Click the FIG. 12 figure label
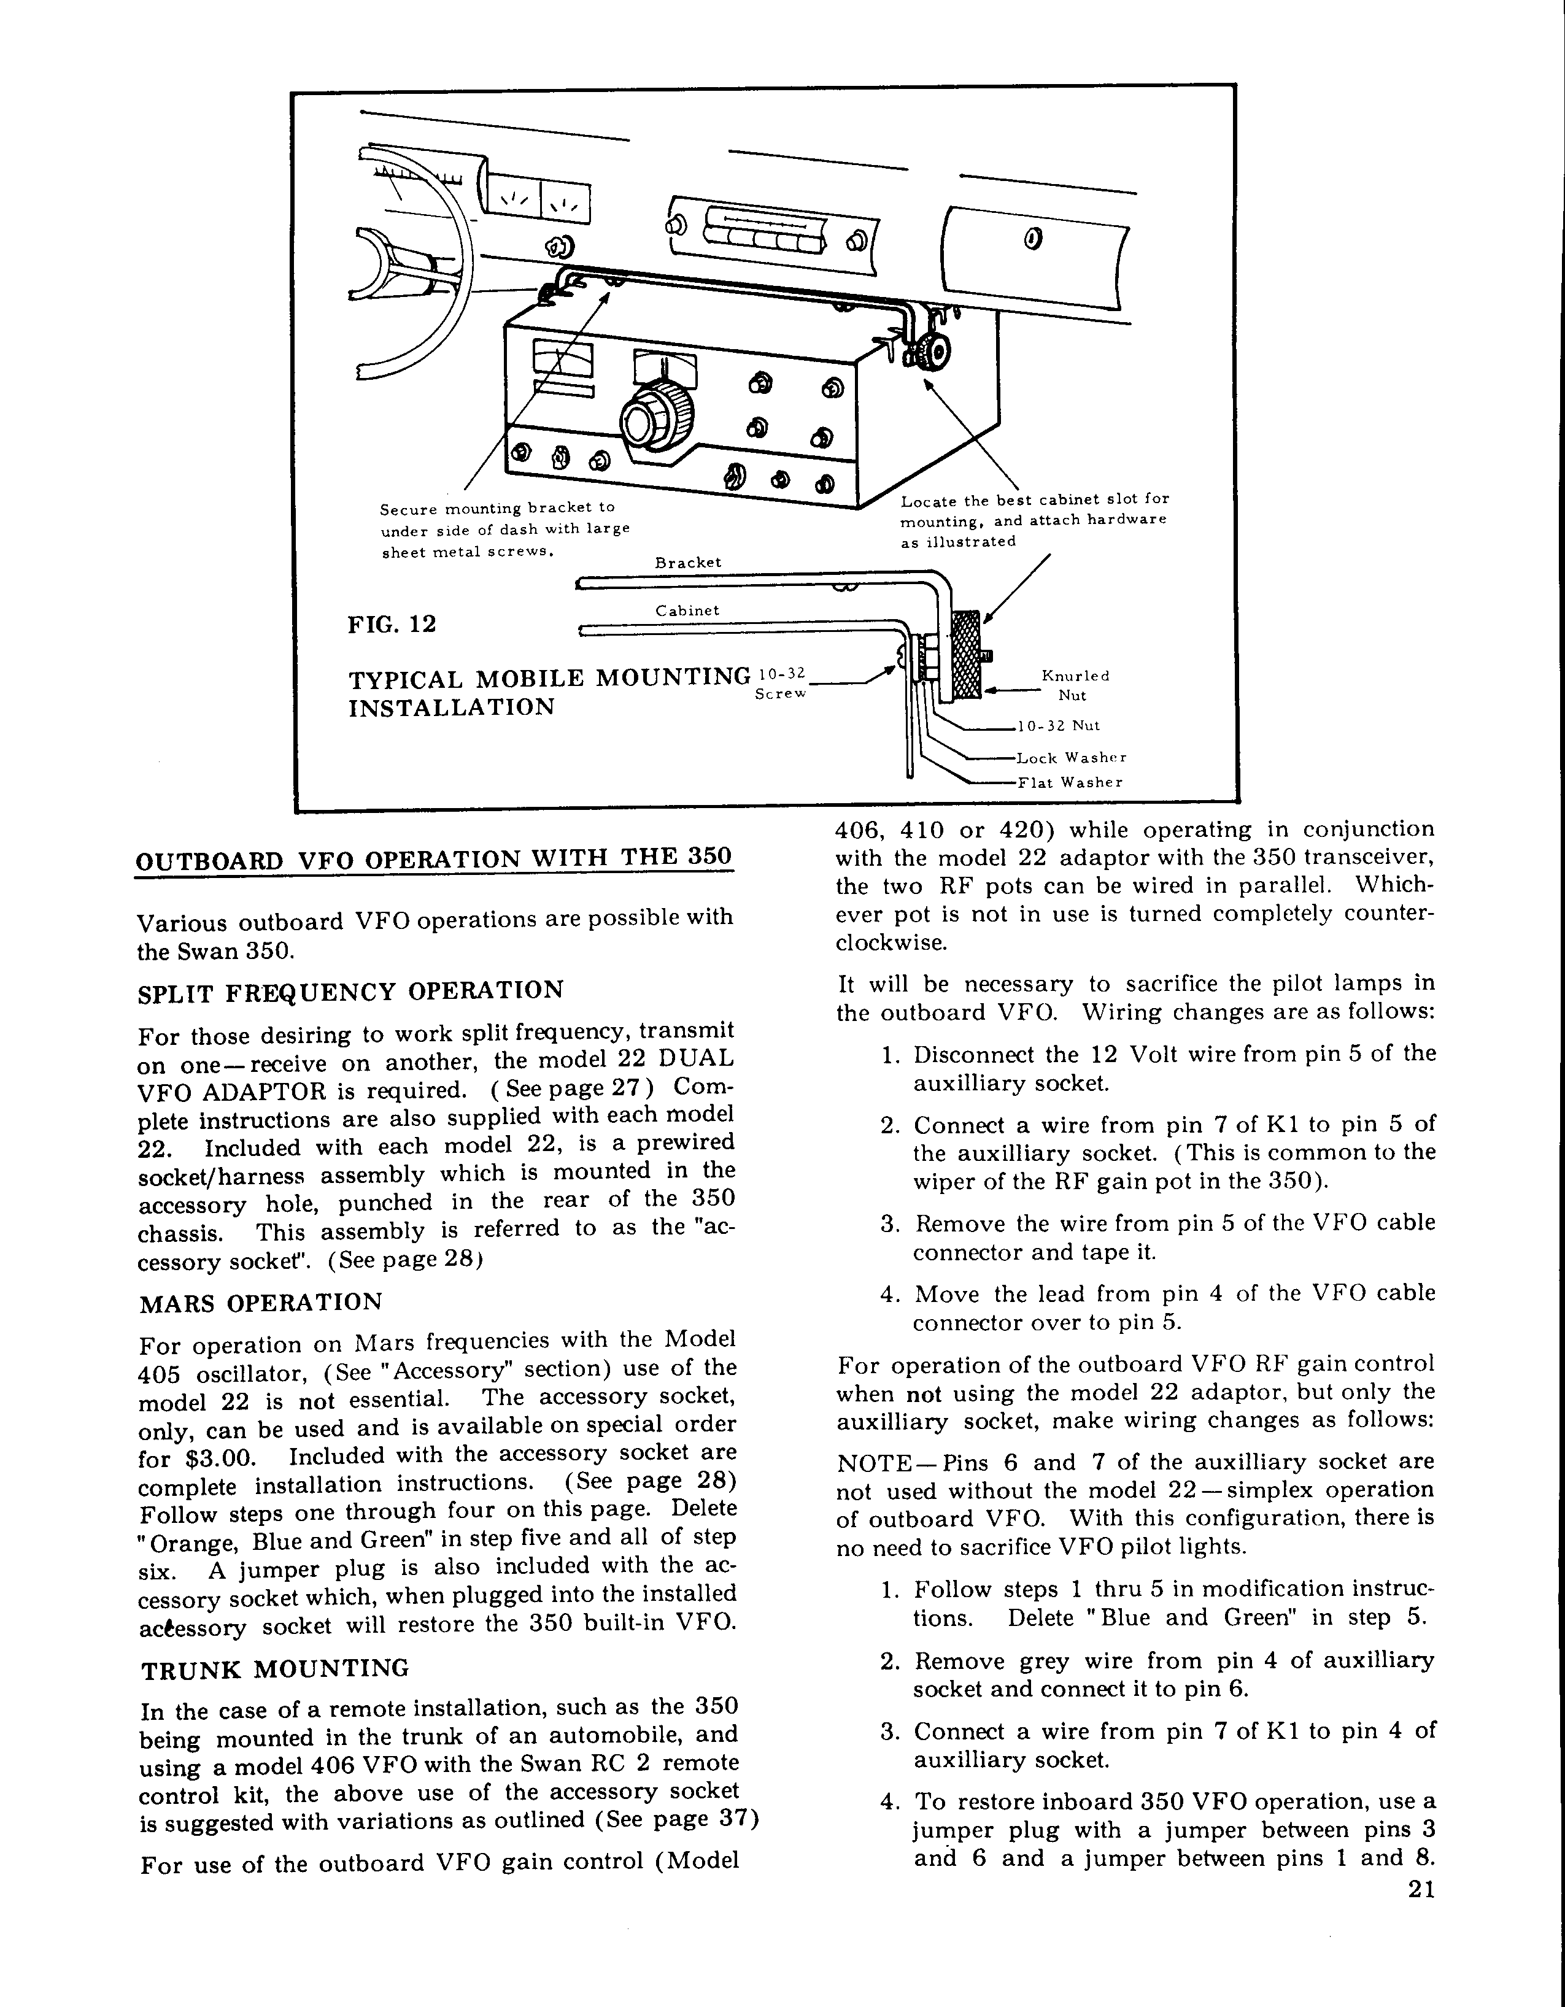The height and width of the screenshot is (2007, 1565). click(392, 625)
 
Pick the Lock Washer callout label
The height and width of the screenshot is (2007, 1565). click(1070, 758)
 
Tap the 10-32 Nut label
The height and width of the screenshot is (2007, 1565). click(1057, 726)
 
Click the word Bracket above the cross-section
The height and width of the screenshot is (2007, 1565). click(689, 563)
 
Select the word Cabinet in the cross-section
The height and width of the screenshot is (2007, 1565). click(687, 610)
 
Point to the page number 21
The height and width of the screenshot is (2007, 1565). click(1419, 1890)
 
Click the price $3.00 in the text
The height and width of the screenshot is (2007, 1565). click(216, 1458)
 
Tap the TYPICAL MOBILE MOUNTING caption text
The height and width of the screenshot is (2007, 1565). click(549, 679)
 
